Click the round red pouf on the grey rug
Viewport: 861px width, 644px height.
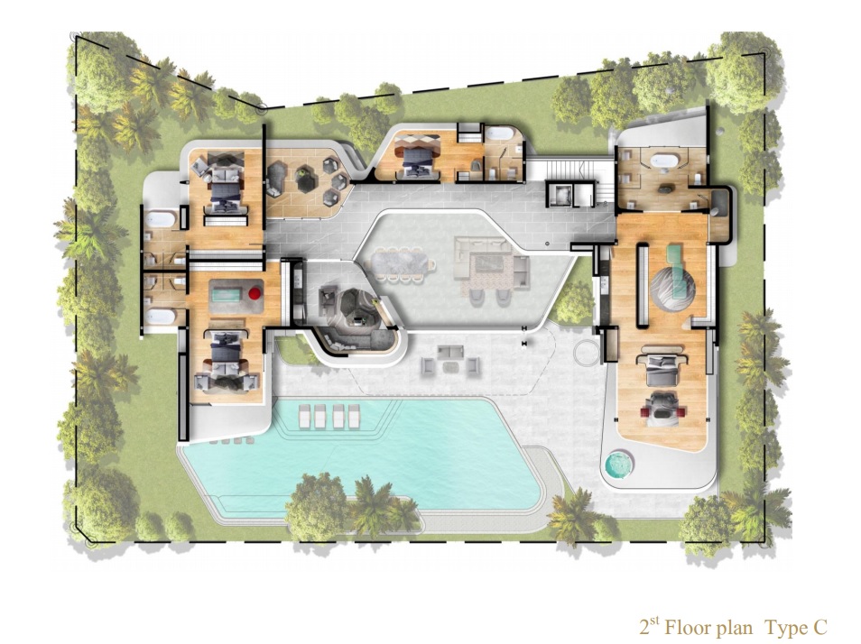[255, 293]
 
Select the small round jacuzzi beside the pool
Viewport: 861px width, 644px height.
[619, 465]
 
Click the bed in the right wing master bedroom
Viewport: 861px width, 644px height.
[663, 369]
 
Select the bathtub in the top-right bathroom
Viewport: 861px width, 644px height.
[665, 161]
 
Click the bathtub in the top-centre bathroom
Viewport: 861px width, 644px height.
[501, 133]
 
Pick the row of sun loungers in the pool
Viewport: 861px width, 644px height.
[329, 415]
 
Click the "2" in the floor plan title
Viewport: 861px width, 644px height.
[643, 627]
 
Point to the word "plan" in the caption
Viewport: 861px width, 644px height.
[736, 629]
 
